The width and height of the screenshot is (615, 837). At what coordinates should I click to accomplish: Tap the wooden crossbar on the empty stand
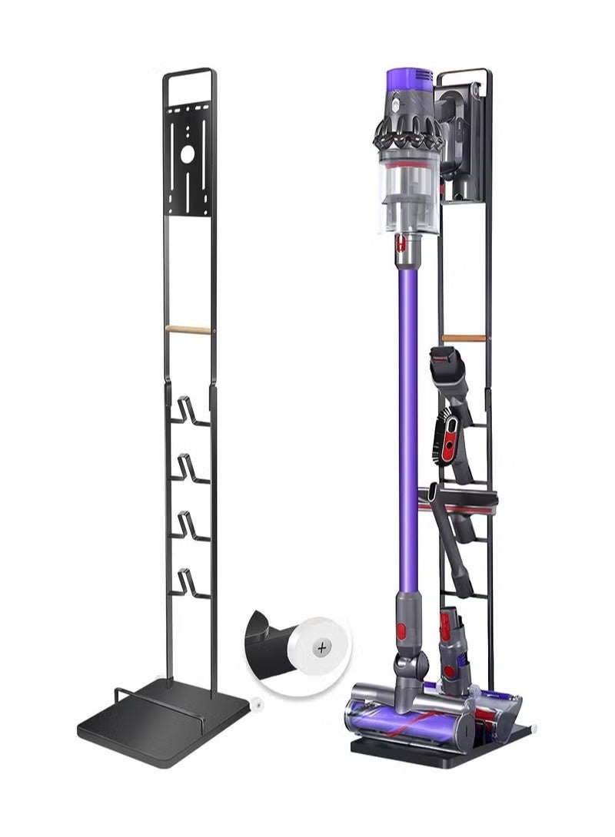[189, 329]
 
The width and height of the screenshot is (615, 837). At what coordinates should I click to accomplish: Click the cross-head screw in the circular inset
[321, 649]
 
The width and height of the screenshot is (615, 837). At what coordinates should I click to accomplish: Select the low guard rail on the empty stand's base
[154, 695]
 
